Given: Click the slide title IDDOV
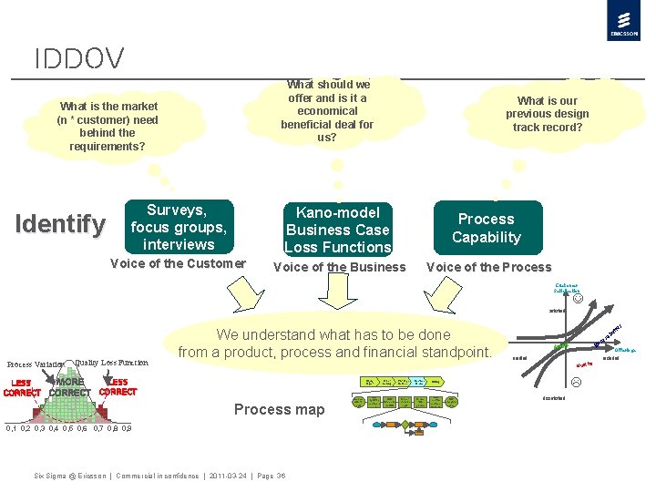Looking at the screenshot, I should point(79,60).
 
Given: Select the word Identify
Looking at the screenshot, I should point(60,223).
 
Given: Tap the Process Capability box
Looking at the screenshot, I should point(487,228).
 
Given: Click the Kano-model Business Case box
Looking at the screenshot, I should point(338,229).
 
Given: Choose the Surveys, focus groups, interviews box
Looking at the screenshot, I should point(179,227).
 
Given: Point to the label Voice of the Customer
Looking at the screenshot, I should point(178,264).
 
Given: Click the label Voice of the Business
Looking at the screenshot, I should point(339,267).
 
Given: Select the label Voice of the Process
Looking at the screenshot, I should point(488,267).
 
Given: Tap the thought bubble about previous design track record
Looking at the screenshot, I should point(547,114).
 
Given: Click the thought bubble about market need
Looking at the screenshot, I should point(108,127).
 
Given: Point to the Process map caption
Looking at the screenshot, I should point(279,409).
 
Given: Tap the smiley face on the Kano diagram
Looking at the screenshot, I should point(578,298).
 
